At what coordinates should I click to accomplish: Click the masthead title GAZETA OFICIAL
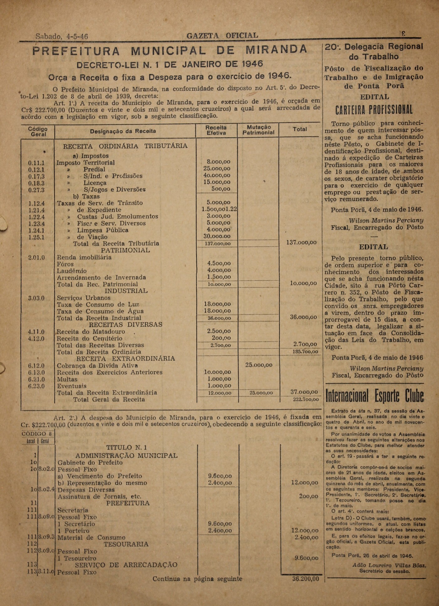click(x=222, y=36)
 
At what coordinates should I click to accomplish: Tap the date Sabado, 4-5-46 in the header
click(x=62, y=36)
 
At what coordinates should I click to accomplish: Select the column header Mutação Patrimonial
click(x=258, y=130)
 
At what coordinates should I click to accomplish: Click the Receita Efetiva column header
click(x=216, y=130)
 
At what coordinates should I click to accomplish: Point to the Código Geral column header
click(x=38, y=132)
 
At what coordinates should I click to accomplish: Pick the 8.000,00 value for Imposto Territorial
click(x=218, y=162)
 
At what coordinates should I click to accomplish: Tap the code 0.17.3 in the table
click(x=36, y=176)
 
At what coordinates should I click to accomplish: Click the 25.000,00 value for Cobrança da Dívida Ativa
click(x=259, y=365)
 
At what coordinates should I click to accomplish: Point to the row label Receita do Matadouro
click(x=91, y=332)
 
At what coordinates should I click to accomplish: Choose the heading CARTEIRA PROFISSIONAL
click(x=374, y=110)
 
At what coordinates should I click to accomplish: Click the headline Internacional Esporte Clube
click(x=374, y=396)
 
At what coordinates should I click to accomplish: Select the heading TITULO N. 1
click(x=127, y=447)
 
